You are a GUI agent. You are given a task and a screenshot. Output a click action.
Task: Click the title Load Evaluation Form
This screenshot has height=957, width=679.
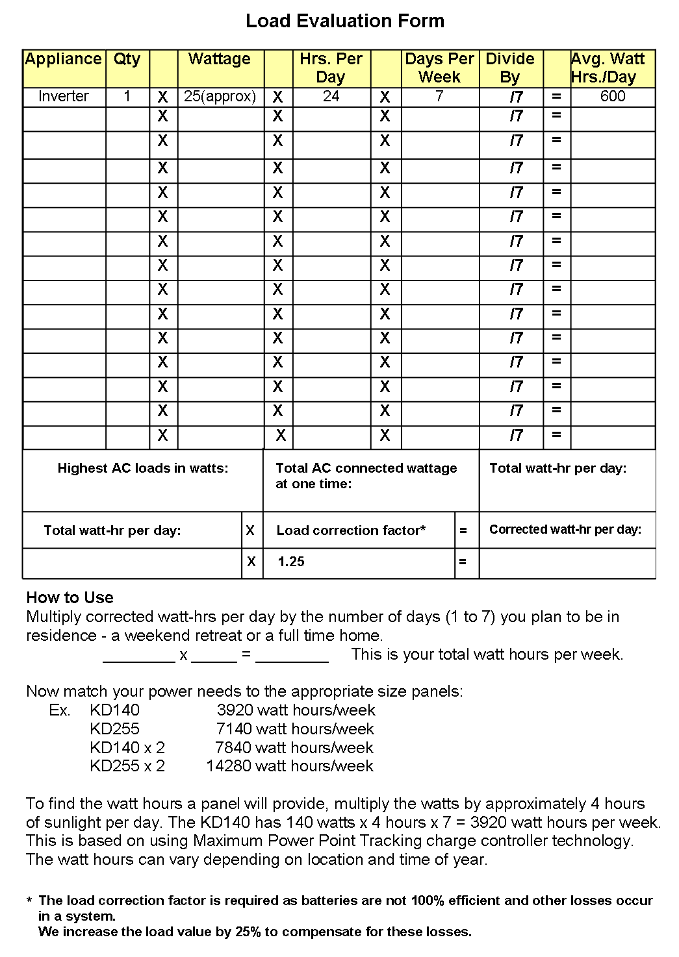tap(345, 21)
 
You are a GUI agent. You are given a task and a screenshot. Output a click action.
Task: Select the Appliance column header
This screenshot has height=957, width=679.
tap(64, 59)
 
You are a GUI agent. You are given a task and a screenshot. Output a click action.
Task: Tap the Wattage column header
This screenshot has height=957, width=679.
tap(220, 59)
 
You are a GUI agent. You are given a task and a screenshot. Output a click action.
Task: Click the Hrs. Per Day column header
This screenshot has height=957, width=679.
tap(331, 68)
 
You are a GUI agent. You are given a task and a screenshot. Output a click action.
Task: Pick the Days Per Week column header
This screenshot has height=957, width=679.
tap(440, 68)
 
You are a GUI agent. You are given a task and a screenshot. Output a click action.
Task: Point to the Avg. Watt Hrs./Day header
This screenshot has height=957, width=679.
tap(608, 68)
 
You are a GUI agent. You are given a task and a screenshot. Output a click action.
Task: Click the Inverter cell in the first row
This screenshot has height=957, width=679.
tap(64, 97)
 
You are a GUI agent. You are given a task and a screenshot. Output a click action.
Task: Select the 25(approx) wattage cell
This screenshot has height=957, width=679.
tap(220, 97)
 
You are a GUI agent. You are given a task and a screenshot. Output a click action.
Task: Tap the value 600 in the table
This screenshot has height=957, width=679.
tap(613, 97)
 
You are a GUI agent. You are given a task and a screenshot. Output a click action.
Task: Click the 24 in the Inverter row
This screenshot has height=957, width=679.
tap(331, 97)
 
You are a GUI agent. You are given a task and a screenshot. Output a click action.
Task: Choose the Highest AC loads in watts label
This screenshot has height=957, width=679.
tap(143, 468)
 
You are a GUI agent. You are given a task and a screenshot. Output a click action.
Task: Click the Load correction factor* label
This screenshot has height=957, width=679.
tap(351, 530)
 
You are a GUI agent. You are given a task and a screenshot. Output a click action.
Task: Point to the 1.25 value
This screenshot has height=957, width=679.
tap(291, 562)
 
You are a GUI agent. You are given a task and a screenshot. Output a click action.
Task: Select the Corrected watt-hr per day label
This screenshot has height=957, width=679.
tap(565, 530)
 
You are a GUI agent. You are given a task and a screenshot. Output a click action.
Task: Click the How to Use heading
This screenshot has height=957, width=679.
tap(70, 597)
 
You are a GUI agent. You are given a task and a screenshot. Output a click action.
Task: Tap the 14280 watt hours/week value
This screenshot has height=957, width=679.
tap(290, 766)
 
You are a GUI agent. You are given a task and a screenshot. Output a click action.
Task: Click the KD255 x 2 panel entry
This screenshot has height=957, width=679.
tap(127, 766)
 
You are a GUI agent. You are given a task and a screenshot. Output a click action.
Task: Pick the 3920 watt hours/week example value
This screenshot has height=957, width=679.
tap(296, 710)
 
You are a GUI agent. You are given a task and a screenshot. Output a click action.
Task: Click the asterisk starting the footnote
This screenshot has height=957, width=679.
tap(29, 902)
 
